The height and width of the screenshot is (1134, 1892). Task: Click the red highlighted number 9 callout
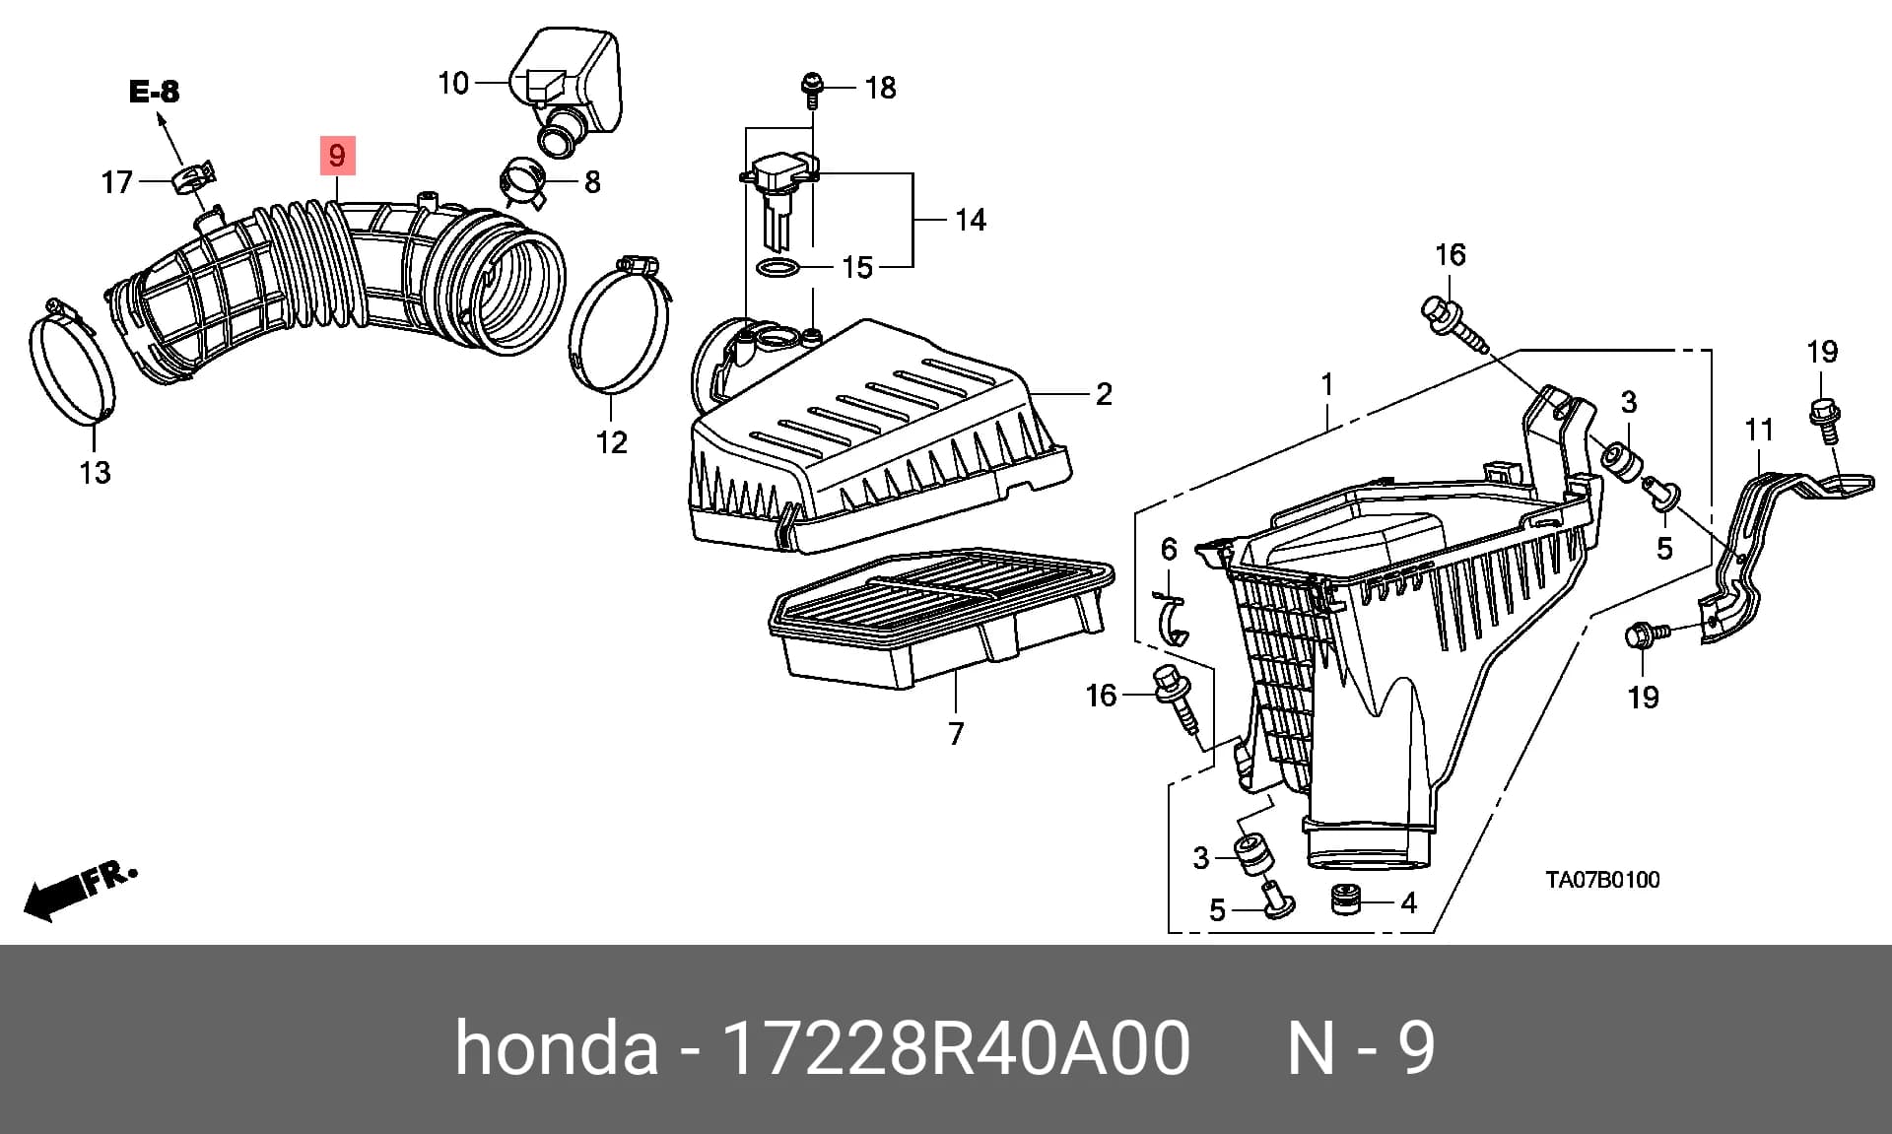[337, 156]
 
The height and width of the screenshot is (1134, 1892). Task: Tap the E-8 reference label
[155, 92]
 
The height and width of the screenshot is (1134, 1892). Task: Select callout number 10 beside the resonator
[453, 83]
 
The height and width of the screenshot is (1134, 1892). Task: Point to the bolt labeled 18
[811, 88]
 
